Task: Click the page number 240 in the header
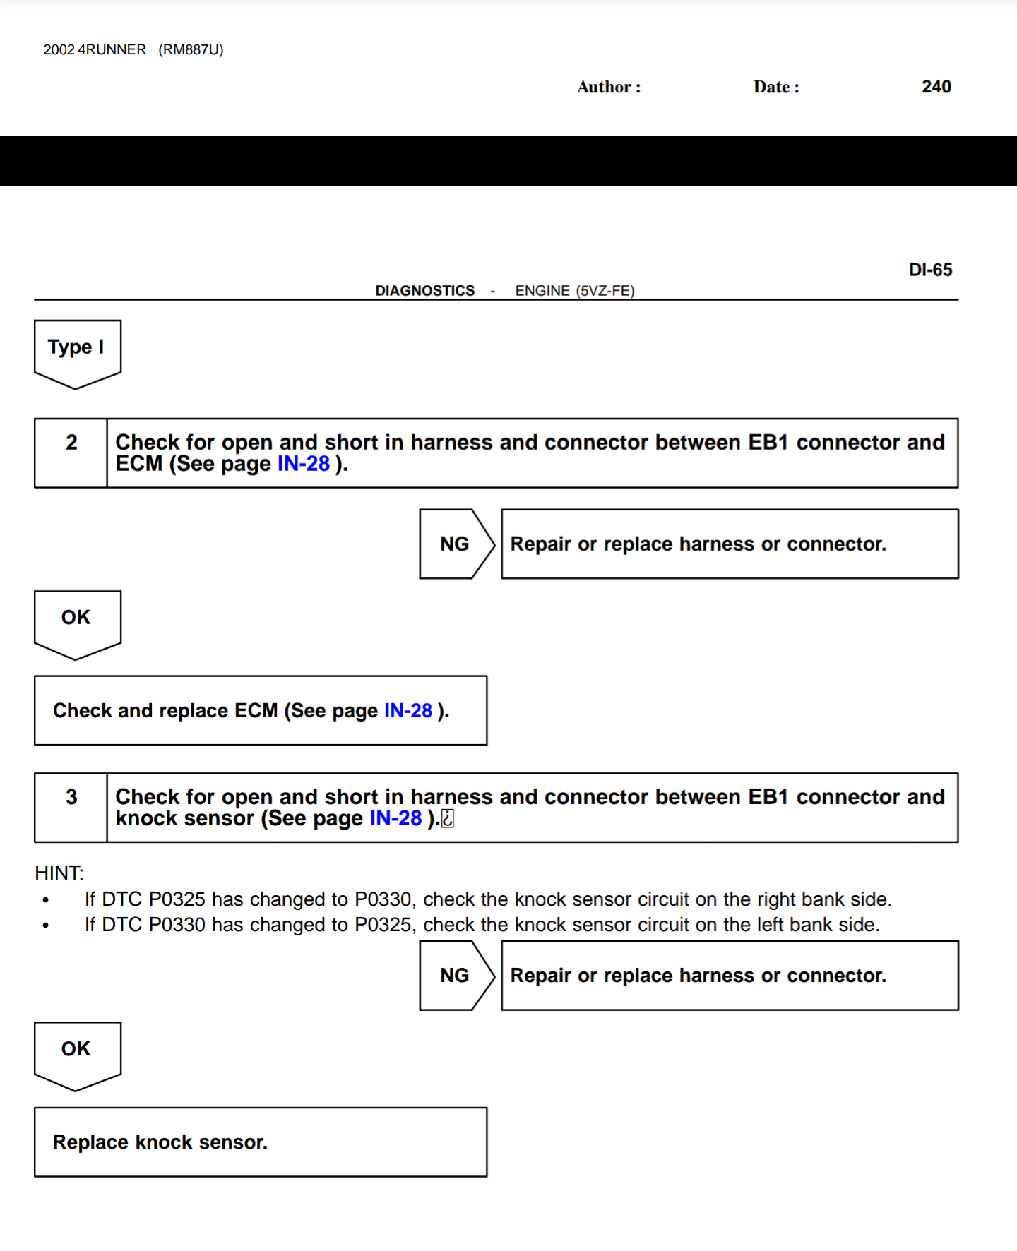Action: pyautogui.click(x=936, y=87)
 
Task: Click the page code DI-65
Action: pyautogui.click(x=930, y=270)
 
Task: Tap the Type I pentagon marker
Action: pyautogui.click(x=77, y=349)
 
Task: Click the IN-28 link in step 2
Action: pyautogui.click(x=304, y=464)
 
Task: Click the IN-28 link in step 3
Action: pyautogui.click(x=395, y=818)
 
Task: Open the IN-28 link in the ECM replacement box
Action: pyautogui.click(x=408, y=711)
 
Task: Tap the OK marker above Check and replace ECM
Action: pyautogui.click(x=76, y=620)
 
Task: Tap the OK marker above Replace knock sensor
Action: pyautogui.click(x=76, y=1051)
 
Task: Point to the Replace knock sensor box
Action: pyautogui.click(x=260, y=1142)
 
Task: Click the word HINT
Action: pyautogui.click(x=59, y=873)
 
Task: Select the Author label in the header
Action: pyautogui.click(x=608, y=88)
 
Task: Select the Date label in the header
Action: pyautogui.click(x=775, y=88)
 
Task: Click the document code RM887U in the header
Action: pyautogui.click(x=191, y=50)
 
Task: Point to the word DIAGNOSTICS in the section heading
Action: pyautogui.click(x=424, y=291)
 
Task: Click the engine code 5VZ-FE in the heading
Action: pyautogui.click(x=605, y=291)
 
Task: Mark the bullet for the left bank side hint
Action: pyautogui.click(x=46, y=926)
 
